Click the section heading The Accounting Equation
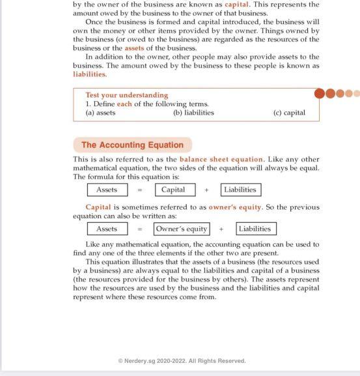tap(132, 145)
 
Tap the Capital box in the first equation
tap(173, 190)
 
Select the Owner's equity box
tap(182, 229)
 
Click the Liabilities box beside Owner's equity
tap(255, 229)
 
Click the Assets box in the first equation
tap(107, 190)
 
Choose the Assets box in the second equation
tap(107, 229)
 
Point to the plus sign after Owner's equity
tap(221, 229)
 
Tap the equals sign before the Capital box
tap(139, 190)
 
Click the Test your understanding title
tap(126, 95)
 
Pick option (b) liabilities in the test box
tap(193, 112)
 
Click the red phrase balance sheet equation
tap(221, 159)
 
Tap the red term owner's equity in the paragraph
tap(235, 207)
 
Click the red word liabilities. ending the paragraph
tap(90, 74)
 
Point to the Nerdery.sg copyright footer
tap(182, 360)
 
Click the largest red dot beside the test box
tap(320, 93)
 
